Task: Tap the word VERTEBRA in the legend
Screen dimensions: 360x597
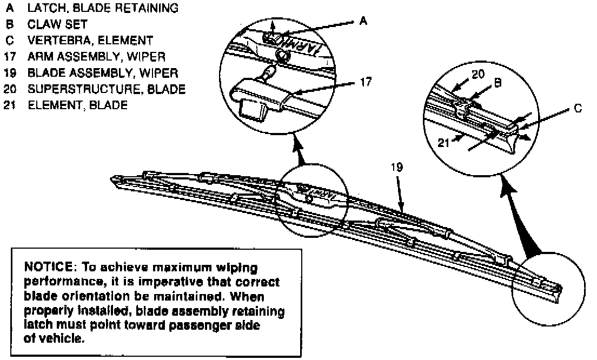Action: pos(56,40)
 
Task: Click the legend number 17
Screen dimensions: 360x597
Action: pos(9,56)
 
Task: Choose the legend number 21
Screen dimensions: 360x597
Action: pos(9,105)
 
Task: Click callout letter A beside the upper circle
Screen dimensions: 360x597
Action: pos(363,21)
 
